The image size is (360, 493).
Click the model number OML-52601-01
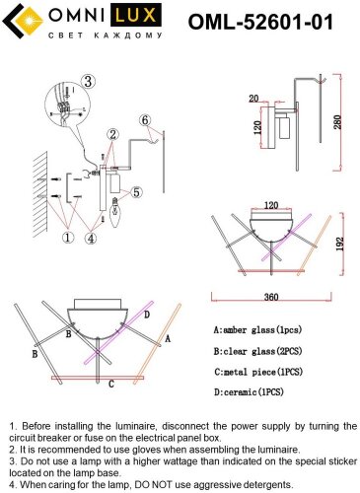[260, 22]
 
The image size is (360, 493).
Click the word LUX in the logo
[135, 15]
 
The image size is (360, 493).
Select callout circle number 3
[88, 81]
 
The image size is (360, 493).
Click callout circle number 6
[145, 120]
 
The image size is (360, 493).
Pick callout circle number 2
[112, 134]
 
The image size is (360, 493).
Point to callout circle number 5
[136, 192]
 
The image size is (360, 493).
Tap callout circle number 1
[68, 237]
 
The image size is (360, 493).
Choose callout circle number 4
[91, 238]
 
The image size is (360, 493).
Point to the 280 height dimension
[338, 122]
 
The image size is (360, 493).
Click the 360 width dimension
[271, 297]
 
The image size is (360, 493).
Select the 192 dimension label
[340, 244]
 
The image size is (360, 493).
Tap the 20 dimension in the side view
[253, 99]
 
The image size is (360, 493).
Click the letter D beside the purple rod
[147, 315]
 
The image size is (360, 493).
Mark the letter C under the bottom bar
[111, 384]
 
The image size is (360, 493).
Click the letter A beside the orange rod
[168, 338]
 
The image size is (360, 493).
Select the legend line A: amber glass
[257, 329]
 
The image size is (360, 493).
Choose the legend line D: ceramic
[249, 391]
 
